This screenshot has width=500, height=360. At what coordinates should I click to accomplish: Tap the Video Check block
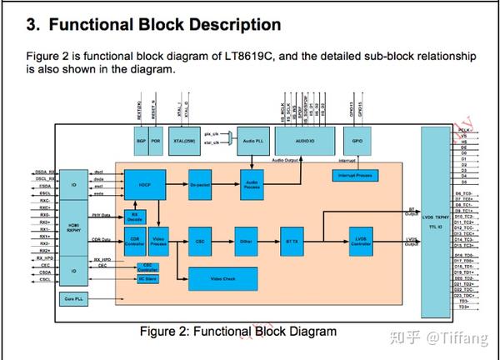pyautogui.click(x=222, y=277)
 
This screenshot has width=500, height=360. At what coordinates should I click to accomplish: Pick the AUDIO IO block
pyautogui.click(x=303, y=140)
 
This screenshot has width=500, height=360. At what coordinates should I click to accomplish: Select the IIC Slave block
pyautogui.click(x=148, y=278)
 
